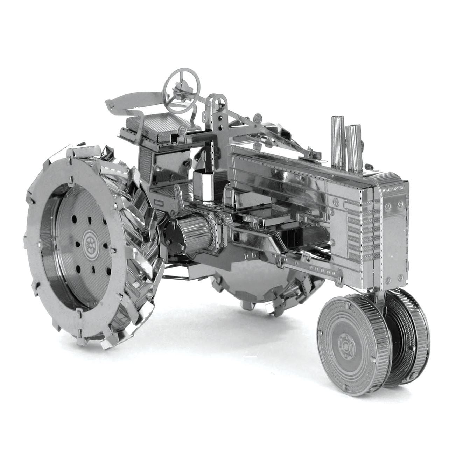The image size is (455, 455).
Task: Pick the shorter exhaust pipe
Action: tap(353, 147)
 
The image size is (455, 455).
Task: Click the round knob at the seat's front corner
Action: tap(182, 129)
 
